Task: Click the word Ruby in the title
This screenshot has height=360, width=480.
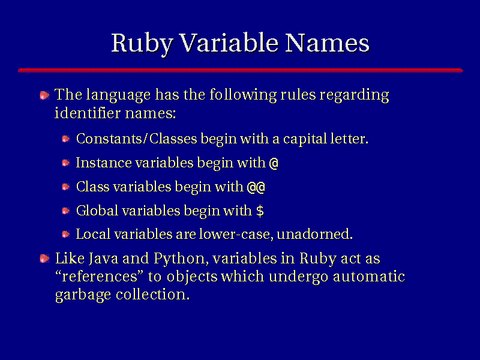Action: [x=142, y=43]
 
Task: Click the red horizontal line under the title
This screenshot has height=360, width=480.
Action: [x=241, y=70]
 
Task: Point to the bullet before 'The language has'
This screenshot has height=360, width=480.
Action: [x=44, y=95]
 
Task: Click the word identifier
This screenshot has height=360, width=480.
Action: [x=88, y=113]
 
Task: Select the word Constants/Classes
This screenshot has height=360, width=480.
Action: [x=137, y=139]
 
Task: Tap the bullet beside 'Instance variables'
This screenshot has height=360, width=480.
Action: [x=66, y=163]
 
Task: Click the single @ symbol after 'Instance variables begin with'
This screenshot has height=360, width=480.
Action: [x=274, y=163]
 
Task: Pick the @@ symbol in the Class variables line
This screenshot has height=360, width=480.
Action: [x=256, y=187]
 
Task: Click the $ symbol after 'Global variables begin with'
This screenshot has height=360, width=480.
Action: [x=260, y=211]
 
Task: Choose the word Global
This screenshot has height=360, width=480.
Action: [x=97, y=211]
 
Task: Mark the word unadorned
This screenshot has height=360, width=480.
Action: [x=314, y=234]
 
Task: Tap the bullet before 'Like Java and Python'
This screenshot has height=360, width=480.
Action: [x=44, y=259]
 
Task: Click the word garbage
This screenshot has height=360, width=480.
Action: [x=83, y=295]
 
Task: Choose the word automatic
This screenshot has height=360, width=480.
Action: [x=369, y=277]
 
